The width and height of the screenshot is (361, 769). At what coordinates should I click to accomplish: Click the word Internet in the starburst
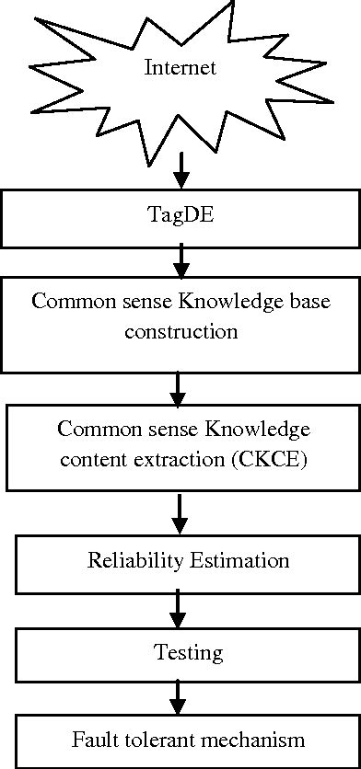[x=181, y=67]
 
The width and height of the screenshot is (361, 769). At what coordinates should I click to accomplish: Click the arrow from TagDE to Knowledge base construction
[x=181, y=260]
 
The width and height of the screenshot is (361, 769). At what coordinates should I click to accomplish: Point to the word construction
[x=181, y=330]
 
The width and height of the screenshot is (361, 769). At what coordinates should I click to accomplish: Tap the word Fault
[x=92, y=740]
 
